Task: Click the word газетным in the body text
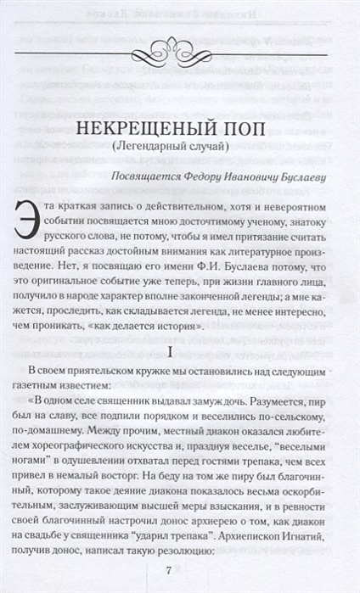[x=48, y=372]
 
